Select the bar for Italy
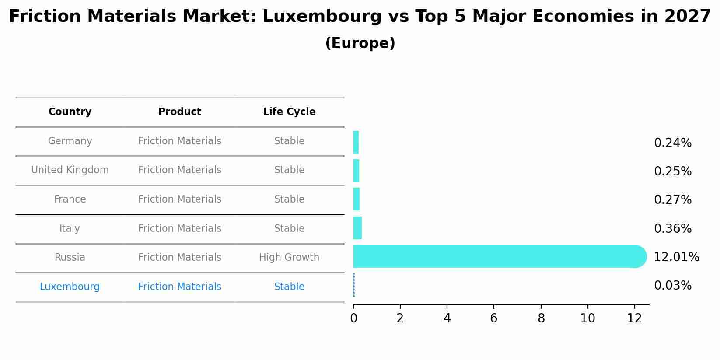(x=357, y=228)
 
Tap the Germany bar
(x=356, y=142)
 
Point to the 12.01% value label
(x=676, y=257)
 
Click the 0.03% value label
(x=672, y=286)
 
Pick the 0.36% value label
(x=672, y=229)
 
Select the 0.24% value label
(x=672, y=143)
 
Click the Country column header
(x=70, y=112)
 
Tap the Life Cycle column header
(x=289, y=112)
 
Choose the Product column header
(x=180, y=112)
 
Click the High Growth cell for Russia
(x=289, y=258)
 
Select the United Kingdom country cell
(x=70, y=170)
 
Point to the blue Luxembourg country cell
(x=70, y=287)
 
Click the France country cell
(x=70, y=199)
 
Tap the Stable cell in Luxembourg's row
(x=289, y=287)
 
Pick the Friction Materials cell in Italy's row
(x=180, y=229)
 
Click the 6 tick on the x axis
(x=494, y=318)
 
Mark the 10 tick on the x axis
(x=587, y=318)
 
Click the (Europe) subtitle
(x=360, y=43)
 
